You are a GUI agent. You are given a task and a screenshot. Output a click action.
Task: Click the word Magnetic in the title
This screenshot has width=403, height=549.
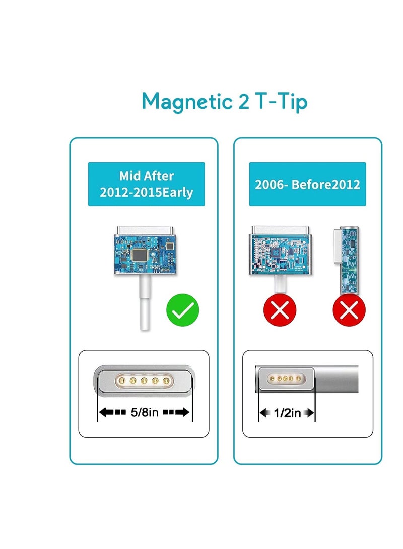tap(187, 102)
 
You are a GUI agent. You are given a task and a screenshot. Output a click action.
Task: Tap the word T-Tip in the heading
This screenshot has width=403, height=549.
tap(281, 102)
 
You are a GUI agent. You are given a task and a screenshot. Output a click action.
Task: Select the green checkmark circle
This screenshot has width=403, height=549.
tap(182, 310)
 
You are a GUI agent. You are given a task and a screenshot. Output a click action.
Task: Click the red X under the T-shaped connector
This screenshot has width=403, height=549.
tap(280, 310)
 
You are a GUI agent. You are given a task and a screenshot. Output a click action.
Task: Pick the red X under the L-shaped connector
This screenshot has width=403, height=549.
tap(349, 310)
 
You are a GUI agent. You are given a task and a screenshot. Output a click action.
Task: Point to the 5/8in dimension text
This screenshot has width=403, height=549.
tap(145, 412)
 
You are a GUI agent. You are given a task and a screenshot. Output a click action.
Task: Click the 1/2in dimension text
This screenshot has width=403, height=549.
tap(287, 413)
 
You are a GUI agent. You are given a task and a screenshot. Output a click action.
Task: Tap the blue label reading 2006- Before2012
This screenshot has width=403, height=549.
tap(307, 184)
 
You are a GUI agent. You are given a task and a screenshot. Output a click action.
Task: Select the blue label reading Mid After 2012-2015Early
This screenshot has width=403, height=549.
tap(146, 184)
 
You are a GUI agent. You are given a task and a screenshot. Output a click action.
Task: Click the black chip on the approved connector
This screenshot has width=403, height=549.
tap(140, 255)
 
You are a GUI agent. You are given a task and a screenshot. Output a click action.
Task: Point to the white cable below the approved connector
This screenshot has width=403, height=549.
tap(145, 302)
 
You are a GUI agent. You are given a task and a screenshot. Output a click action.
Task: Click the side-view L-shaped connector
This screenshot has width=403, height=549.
tap(346, 261)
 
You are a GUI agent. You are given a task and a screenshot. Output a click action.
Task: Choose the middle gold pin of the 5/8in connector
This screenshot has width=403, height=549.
tap(144, 380)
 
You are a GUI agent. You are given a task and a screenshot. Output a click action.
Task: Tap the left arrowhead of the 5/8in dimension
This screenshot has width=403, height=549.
tap(104, 412)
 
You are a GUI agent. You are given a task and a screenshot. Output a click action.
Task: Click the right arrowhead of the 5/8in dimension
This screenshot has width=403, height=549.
tap(184, 412)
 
